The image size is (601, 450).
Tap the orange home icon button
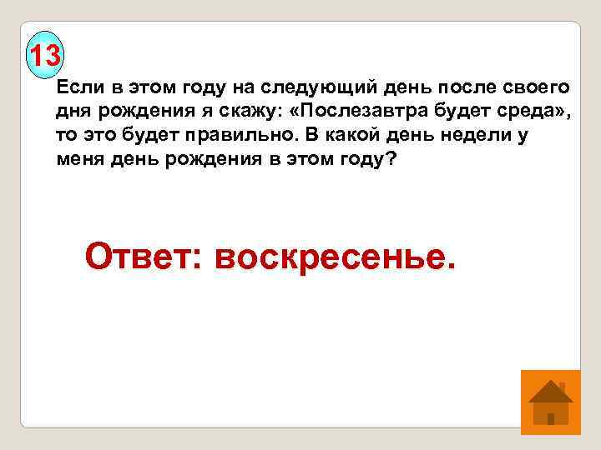click(x=550, y=402)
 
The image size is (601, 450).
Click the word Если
click(x=78, y=88)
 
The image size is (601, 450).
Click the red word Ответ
click(x=144, y=256)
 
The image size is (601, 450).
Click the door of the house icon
click(x=550, y=417)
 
